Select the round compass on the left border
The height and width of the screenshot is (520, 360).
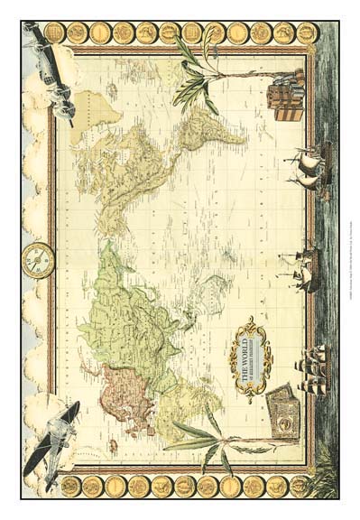pos(38,259)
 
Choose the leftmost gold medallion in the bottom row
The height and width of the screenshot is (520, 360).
pos(70,485)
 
